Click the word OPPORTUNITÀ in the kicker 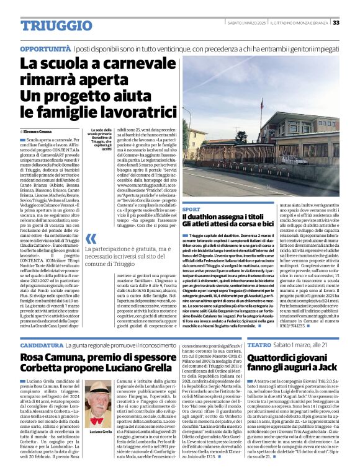[x=45, y=48]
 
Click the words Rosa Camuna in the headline [x=50, y=358]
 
